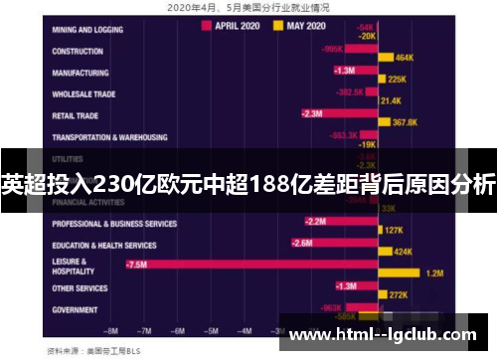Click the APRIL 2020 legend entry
[x=237, y=27]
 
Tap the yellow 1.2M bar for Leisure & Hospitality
[x=402, y=272]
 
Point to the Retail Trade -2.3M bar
[x=338, y=113]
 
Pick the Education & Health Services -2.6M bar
[x=333, y=243]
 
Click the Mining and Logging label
[x=90, y=29]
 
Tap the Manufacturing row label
[x=83, y=73]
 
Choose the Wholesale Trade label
[x=85, y=94]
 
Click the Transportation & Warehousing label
[x=109, y=137]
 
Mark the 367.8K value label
[x=406, y=122]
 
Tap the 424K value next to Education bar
[x=403, y=252]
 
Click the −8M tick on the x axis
[x=111, y=330]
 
